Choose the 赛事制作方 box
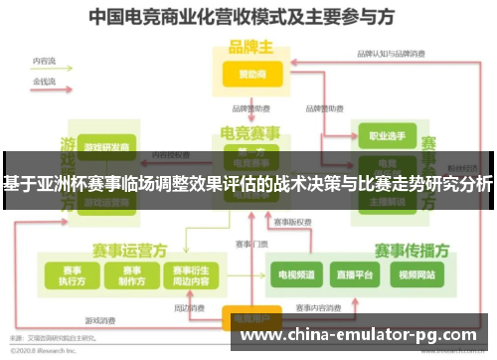129,274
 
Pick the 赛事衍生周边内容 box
190,274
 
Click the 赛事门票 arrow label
250,245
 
